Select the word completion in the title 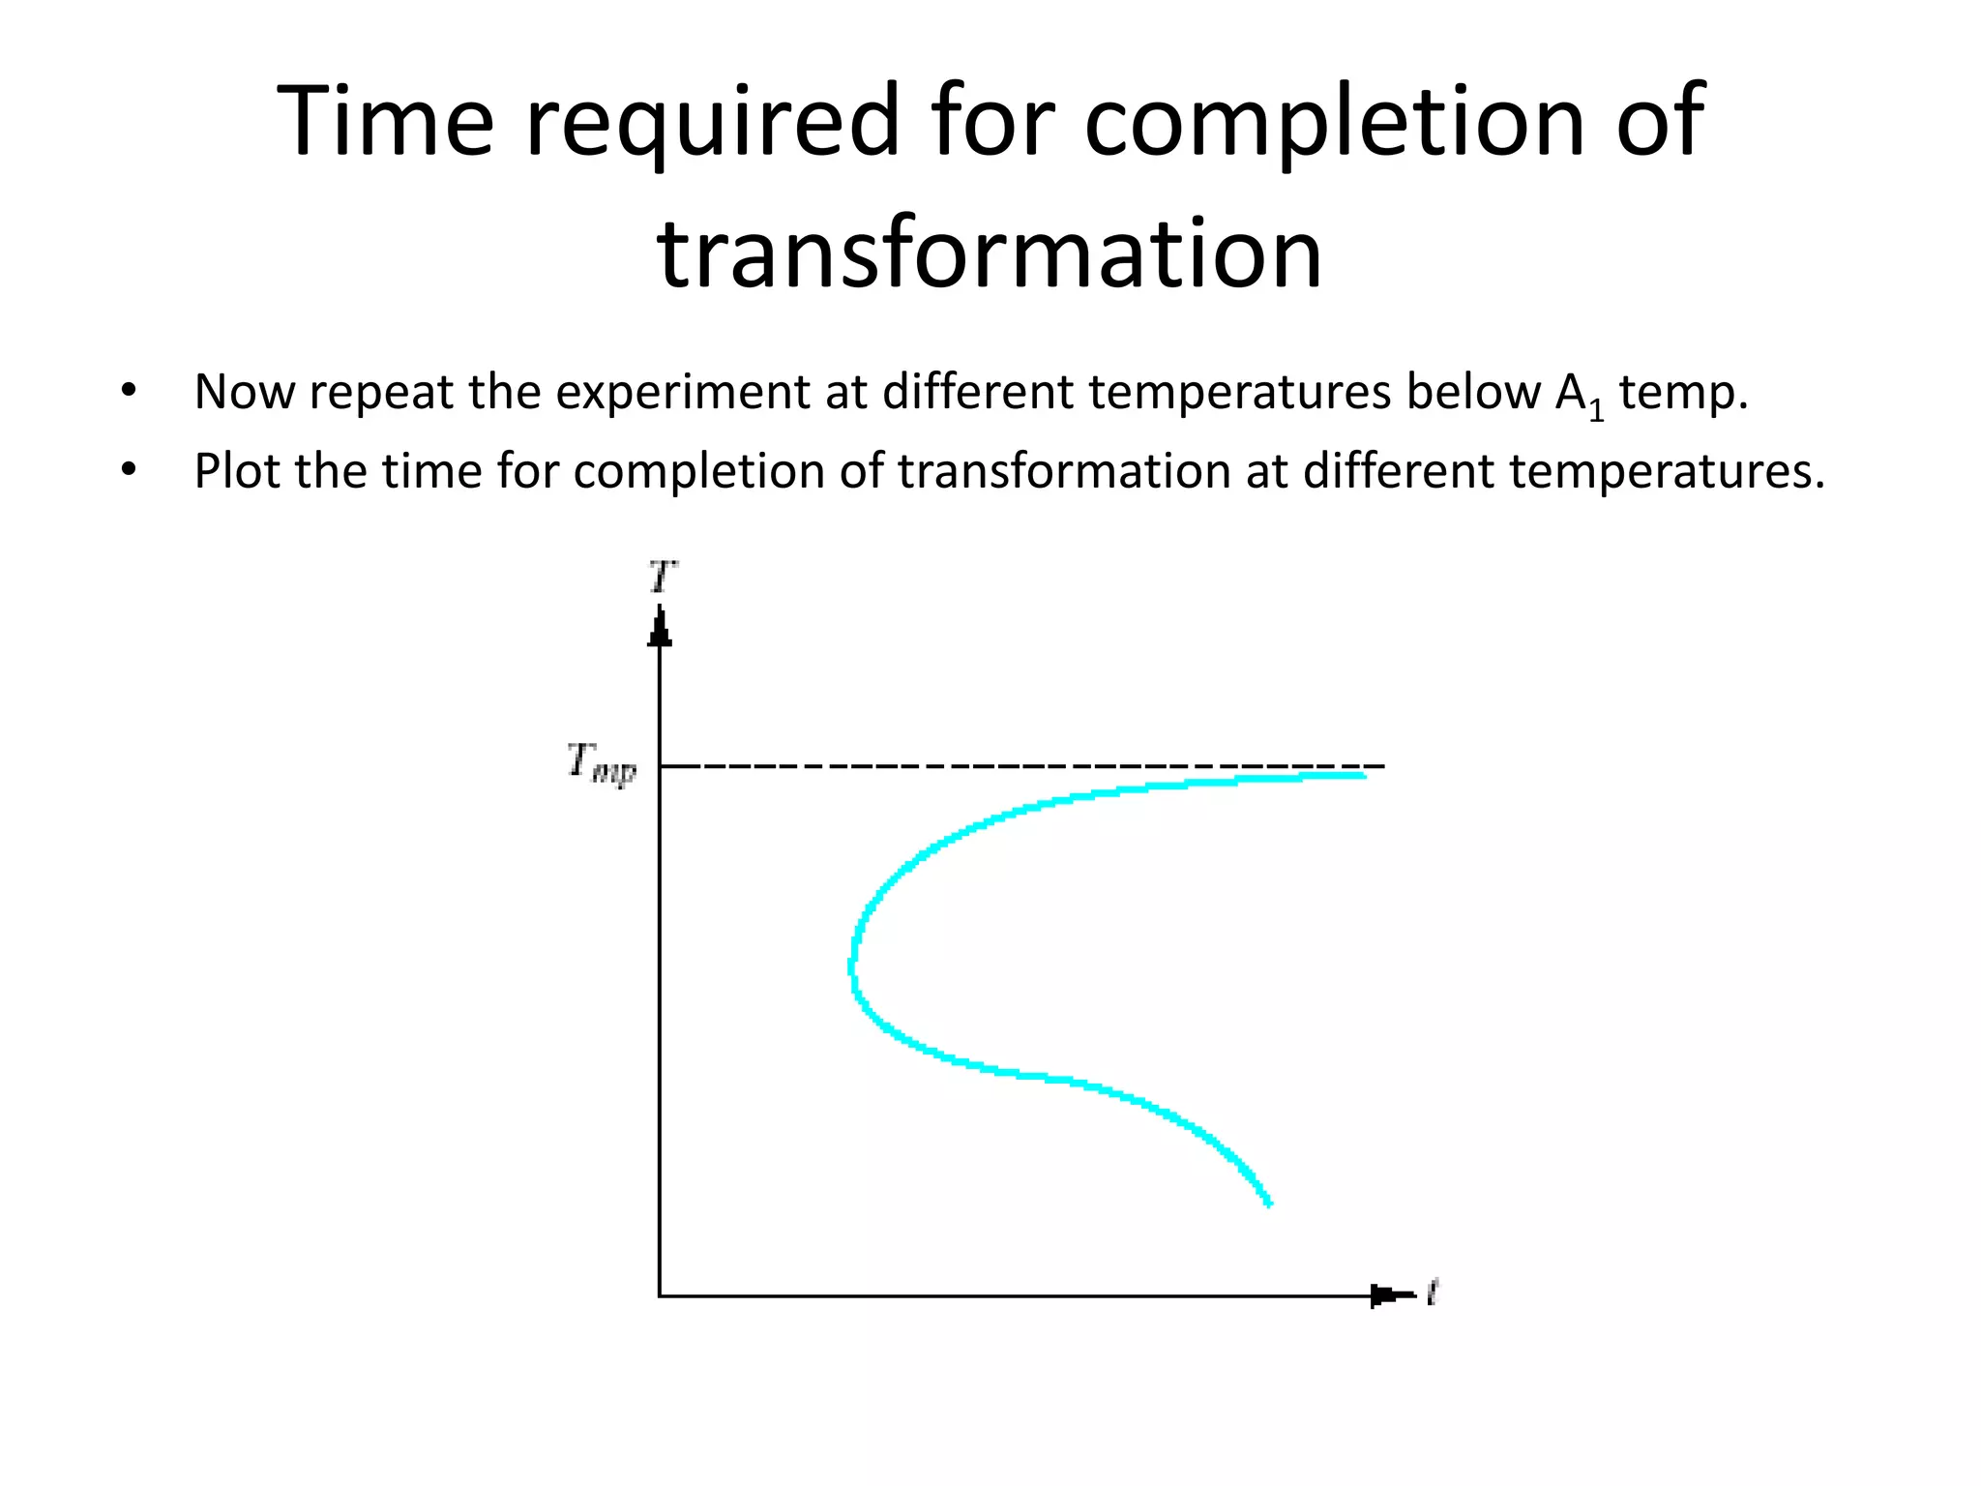pyautogui.click(x=1334, y=122)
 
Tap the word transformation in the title pyautogui.click(x=990, y=253)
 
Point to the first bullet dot pyautogui.click(x=129, y=392)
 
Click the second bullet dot pyautogui.click(x=129, y=470)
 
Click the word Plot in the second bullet pyautogui.click(x=238, y=471)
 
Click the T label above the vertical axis pyautogui.click(x=663, y=578)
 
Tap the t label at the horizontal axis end pyautogui.click(x=1433, y=1291)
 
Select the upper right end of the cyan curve pyautogui.click(x=1362, y=775)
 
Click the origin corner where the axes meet pyautogui.click(x=660, y=1295)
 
